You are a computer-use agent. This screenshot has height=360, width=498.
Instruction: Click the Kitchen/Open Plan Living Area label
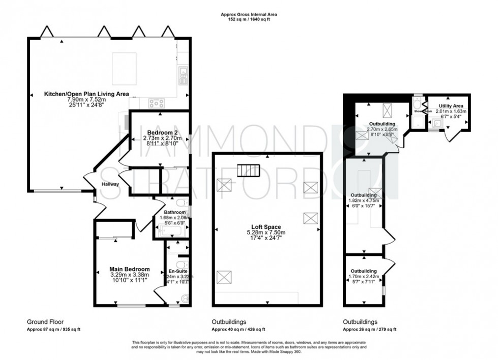pos(86,94)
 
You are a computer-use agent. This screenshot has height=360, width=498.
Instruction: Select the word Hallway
pos(110,184)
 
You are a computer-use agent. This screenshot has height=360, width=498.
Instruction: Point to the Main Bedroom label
pos(130,269)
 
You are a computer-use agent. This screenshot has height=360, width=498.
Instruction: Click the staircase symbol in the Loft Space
pos(248,169)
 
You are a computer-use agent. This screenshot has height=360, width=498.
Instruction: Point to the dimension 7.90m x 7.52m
pos(86,100)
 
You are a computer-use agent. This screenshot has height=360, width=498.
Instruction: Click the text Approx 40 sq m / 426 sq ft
pos(239,329)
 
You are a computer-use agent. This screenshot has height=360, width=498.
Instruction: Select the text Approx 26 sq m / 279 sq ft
pos(369,329)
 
